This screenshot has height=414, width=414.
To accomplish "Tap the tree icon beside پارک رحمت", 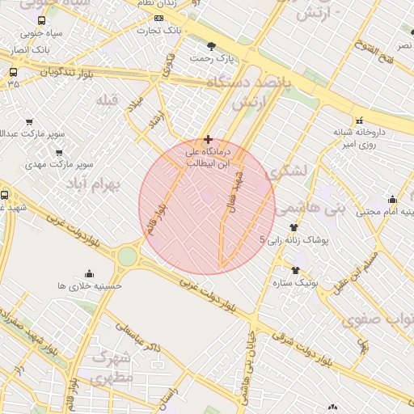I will (212, 45).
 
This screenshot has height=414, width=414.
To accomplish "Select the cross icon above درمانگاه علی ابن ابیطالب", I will (209, 139).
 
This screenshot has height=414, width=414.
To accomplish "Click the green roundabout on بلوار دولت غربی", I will (127, 257).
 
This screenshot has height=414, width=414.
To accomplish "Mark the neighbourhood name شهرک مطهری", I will (112, 366).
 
